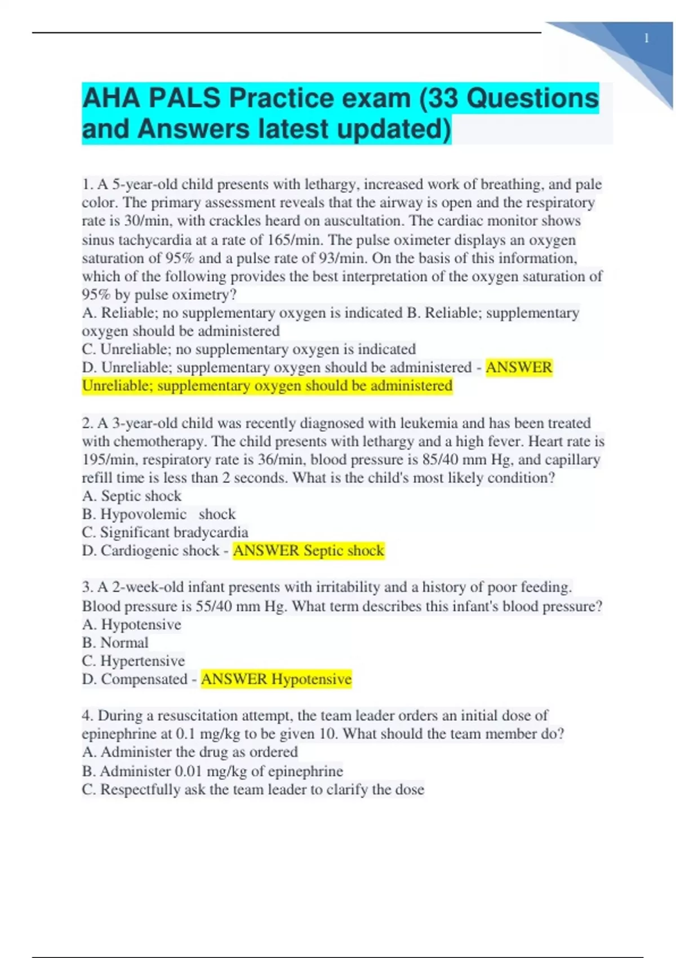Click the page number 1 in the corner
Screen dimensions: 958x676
click(646, 38)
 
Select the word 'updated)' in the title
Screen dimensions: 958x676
click(394, 129)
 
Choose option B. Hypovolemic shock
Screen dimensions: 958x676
click(159, 515)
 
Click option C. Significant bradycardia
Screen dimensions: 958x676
click(165, 533)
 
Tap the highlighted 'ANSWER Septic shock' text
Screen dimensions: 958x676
click(309, 551)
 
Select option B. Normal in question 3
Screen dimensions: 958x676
click(115, 643)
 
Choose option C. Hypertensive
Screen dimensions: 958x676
click(134, 661)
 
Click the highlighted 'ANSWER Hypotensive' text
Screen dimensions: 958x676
click(276, 679)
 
